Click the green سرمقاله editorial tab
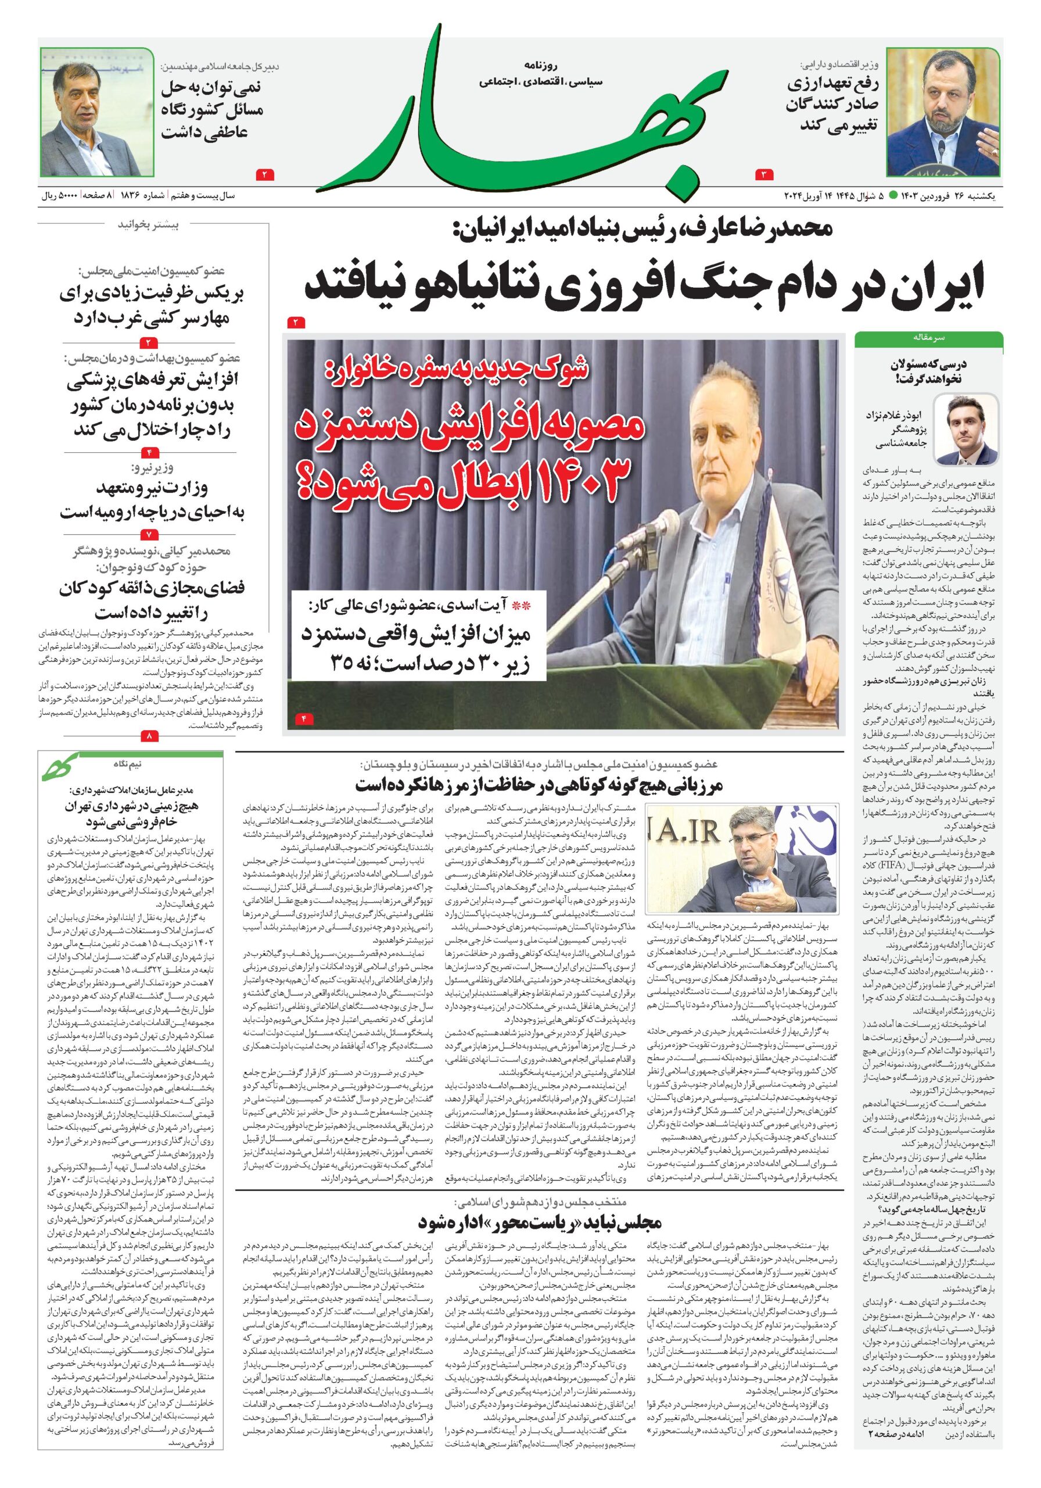click(x=928, y=338)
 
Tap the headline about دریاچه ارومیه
click(x=152, y=500)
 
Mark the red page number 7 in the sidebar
click(x=149, y=535)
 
